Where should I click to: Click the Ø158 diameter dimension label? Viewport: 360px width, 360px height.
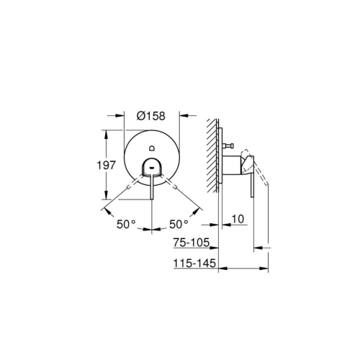151,114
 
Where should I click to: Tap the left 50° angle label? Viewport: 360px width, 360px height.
127,225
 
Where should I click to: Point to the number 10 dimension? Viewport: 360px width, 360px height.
239,219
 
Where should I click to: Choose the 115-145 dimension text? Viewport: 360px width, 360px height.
194,264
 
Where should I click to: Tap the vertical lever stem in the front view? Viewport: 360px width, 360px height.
151,189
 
